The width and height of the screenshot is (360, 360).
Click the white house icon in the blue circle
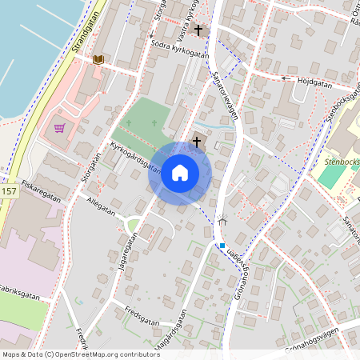[180, 172]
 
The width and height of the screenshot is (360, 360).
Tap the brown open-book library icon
[98, 59]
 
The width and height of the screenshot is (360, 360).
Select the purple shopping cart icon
[59, 128]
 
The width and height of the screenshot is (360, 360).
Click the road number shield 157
[9, 192]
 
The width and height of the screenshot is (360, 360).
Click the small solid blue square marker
[222, 246]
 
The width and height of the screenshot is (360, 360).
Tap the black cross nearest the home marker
[196, 141]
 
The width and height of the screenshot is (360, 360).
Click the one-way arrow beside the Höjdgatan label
[286, 78]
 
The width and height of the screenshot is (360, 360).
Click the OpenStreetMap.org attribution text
[104, 354]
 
